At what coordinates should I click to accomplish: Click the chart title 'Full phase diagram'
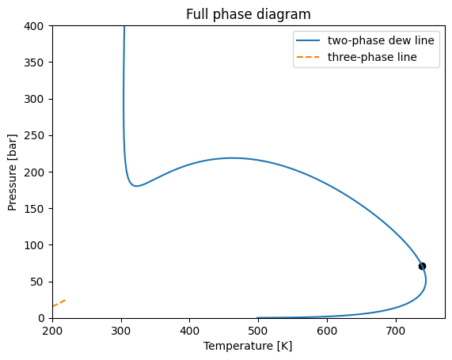click(248, 14)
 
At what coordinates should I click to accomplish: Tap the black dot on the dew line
click(422, 266)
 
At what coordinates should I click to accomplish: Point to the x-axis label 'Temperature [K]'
click(248, 346)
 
